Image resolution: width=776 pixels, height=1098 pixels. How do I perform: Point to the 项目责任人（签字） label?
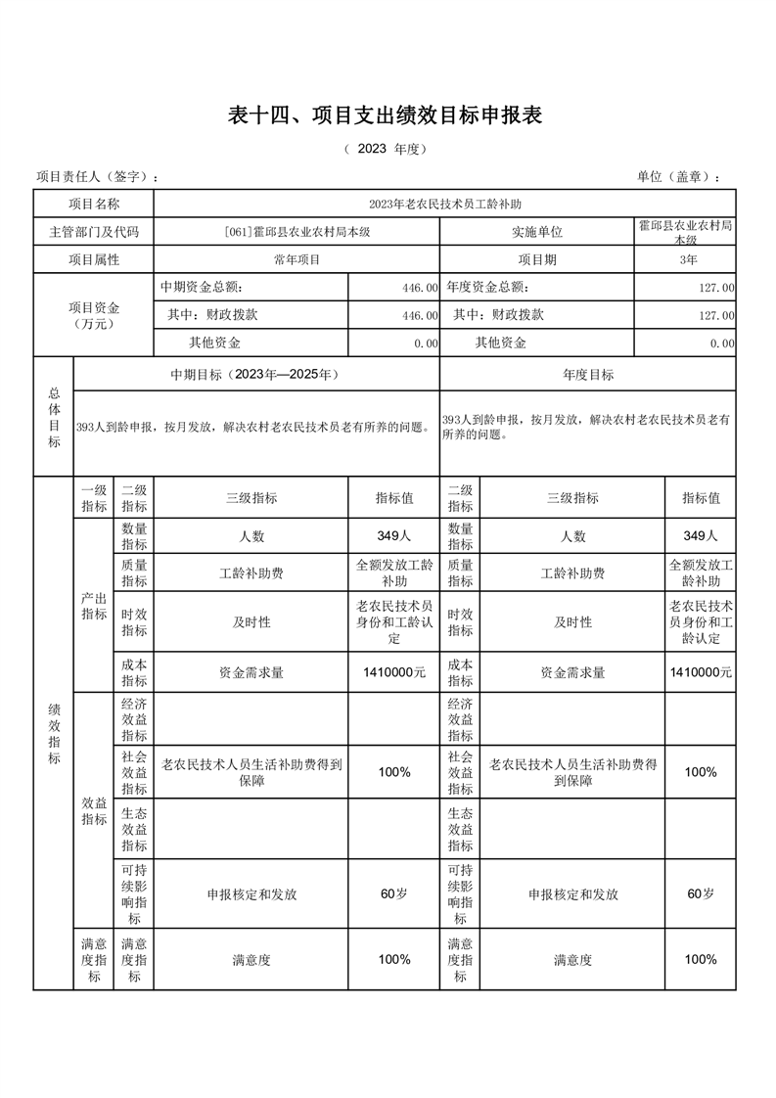click(97, 176)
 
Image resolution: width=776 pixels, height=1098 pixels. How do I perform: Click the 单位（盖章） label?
click(678, 176)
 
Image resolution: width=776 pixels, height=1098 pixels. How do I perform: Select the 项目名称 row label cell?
click(94, 204)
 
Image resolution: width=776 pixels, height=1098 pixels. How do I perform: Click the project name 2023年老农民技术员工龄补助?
click(444, 204)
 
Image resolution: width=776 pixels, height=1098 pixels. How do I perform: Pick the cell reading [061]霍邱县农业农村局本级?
click(296, 232)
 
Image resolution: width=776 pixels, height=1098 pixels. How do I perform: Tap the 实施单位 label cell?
click(537, 232)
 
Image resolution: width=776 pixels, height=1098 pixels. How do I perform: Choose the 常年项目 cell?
click(296, 259)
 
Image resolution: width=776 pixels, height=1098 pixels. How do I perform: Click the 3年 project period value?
click(688, 259)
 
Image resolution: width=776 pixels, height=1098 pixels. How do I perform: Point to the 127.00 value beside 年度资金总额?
click(715, 288)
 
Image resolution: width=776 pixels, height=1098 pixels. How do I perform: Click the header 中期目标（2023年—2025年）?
click(255, 375)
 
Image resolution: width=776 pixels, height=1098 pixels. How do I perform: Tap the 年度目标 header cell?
click(587, 375)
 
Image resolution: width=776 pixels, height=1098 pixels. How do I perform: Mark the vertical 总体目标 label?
click(54, 417)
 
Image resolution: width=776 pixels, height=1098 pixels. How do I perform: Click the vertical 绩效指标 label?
click(54, 733)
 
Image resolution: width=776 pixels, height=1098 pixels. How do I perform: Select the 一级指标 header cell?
click(94, 498)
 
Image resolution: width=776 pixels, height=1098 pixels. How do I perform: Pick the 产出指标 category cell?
click(94, 606)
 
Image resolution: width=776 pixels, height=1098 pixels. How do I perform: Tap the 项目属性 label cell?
click(94, 259)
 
